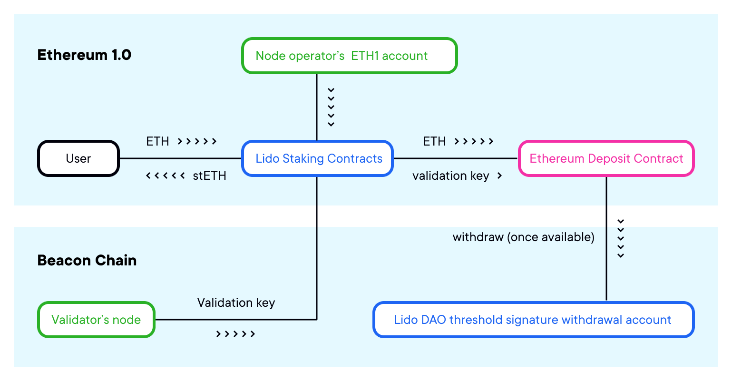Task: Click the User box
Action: coord(78,158)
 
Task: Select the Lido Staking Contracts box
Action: coord(318,158)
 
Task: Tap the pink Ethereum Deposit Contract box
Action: coord(606,158)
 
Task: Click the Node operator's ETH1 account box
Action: coord(349,56)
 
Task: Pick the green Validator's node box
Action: coord(96,320)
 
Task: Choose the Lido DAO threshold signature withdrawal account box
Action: coord(533,320)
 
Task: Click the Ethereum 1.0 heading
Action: coord(84,55)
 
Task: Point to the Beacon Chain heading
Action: coord(87,261)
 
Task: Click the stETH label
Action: coord(209,176)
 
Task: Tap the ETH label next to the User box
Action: coord(157,141)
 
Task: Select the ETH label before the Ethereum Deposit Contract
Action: coord(434,141)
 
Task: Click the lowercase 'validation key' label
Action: coord(450,176)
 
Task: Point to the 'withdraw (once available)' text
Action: coord(523,237)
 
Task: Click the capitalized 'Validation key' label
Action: coord(236,303)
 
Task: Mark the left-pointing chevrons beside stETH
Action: coord(165,176)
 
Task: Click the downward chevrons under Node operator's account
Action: coord(331,107)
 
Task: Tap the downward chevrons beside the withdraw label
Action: coord(620,238)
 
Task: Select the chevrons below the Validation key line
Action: coord(235,334)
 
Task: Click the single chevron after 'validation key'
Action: coord(499,176)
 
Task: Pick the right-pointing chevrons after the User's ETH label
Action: coord(197,141)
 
